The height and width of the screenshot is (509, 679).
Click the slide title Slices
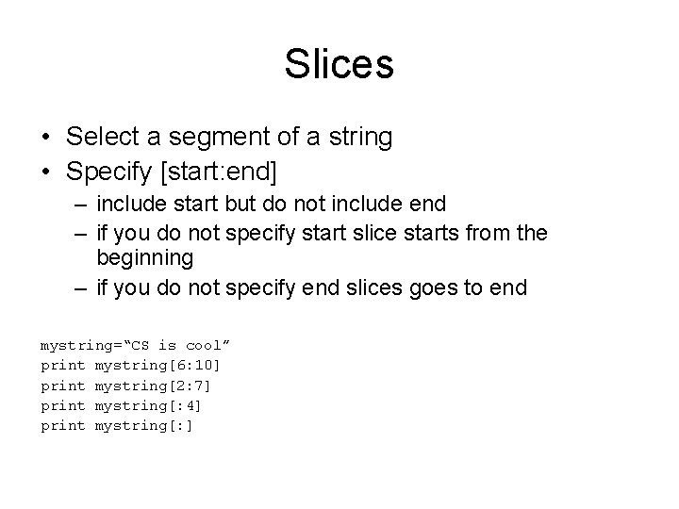point(339,65)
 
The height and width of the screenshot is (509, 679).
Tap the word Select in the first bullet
point(99,138)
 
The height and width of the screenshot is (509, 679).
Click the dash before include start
point(83,204)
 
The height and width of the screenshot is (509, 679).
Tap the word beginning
point(145,258)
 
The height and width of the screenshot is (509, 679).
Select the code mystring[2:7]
point(152,385)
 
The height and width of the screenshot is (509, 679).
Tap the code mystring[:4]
point(148,405)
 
